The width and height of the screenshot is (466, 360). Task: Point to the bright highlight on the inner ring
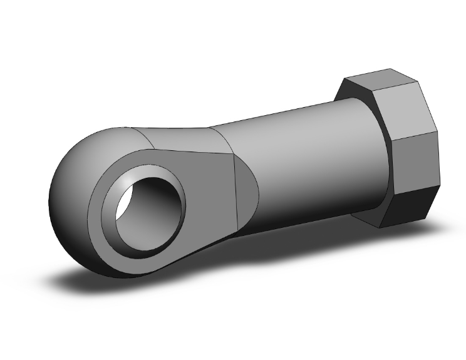coord(128,182)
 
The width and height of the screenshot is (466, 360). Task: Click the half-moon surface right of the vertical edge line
coord(247,194)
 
